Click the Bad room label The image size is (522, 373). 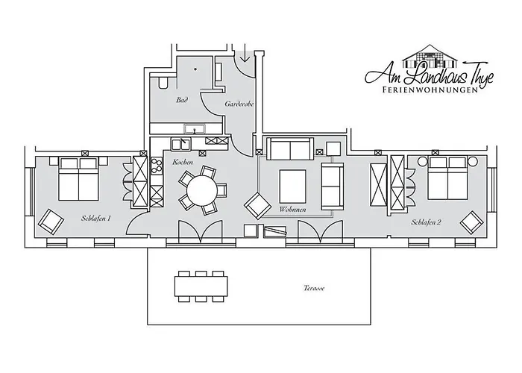pyautogui.click(x=181, y=99)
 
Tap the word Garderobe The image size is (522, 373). pyautogui.click(x=239, y=104)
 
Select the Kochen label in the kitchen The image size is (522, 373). pyautogui.click(x=183, y=162)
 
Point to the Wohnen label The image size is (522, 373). pyautogui.click(x=293, y=210)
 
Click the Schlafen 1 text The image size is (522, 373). pyautogui.click(x=96, y=219)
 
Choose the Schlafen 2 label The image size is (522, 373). pyautogui.click(x=426, y=222)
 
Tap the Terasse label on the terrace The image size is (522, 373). pyautogui.click(x=314, y=288)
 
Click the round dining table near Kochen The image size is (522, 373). pyautogui.click(x=201, y=190)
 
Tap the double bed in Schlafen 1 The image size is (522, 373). pyautogui.click(x=79, y=180)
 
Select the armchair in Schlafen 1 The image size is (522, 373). pyautogui.click(x=51, y=220)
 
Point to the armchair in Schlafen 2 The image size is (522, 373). pyautogui.click(x=471, y=222)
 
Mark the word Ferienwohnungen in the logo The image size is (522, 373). pyautogui.click(x=427, y=90)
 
